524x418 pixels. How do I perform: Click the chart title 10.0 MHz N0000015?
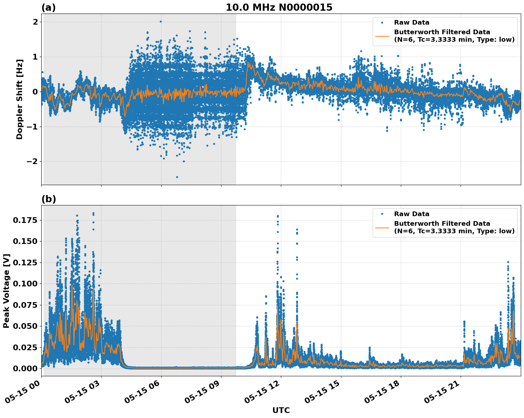[279, 7]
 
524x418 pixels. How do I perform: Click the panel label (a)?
[48, 7]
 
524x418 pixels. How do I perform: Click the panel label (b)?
[48, 199]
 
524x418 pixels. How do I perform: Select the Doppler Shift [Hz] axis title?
[20, 99]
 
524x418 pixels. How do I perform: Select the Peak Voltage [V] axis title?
[6, 291]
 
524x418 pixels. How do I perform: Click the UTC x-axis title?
[281, 410]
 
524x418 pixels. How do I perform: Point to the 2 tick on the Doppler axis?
[35, 22]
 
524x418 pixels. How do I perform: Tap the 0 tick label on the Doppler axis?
[35, 92]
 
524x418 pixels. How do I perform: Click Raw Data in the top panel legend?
[412, 22]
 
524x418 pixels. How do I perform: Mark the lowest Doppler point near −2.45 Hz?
[177, 177]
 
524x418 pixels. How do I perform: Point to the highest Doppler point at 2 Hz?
[161, 21]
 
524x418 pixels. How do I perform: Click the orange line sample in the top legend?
[382, 36]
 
